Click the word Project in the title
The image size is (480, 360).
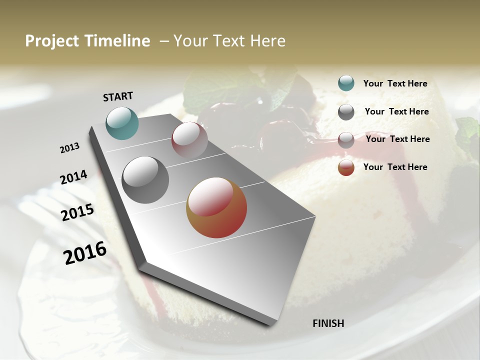point(52,41)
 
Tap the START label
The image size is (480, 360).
point(118,96)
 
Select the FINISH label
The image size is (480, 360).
point(328,323)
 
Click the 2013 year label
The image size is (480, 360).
point(70,148)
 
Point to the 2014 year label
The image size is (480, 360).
point(73,177)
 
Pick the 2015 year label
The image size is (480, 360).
point(77,212)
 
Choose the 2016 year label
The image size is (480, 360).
point(85,253)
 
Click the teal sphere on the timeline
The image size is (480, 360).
point(122,123)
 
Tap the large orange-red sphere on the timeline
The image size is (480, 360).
point(216,207)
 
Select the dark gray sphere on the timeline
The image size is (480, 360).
point(145,180)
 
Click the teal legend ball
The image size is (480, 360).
point(346,83)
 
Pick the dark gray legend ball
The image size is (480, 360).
point(346,112)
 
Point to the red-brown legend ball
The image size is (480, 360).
point(346,167)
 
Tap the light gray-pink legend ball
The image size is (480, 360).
point(346,140)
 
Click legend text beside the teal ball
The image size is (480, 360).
point(395,84)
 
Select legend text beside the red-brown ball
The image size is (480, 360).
point(395,167)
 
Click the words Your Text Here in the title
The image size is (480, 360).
point(229,41)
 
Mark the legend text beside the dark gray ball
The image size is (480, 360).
point(396,111)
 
